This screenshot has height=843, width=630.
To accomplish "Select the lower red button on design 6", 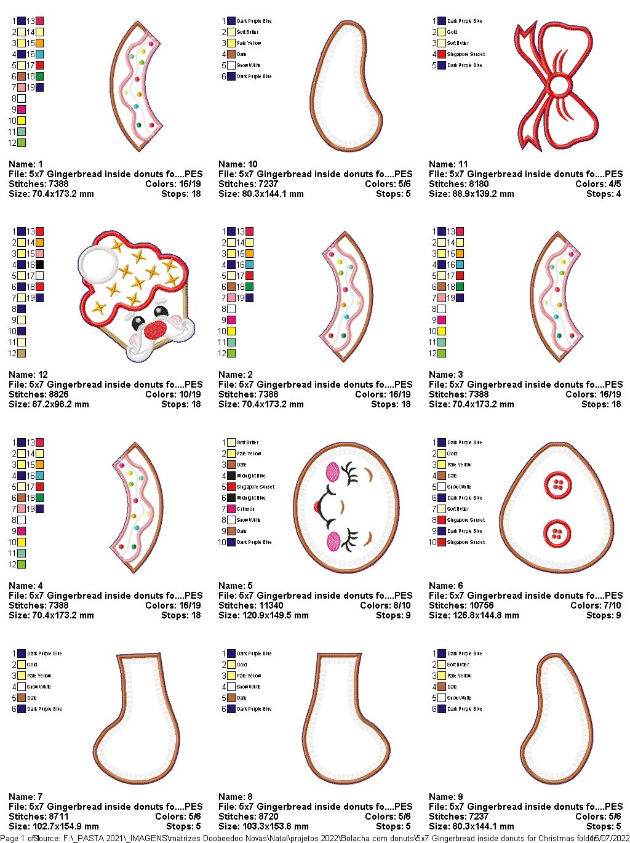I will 557,532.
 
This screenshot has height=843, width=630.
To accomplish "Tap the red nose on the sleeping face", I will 317,507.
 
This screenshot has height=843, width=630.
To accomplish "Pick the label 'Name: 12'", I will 28,375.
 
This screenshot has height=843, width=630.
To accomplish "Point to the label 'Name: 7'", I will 25,797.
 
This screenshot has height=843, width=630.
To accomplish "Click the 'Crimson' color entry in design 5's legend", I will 245,509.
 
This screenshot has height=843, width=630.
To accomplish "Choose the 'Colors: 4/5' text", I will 598,184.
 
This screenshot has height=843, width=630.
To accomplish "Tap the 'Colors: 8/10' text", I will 385,605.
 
